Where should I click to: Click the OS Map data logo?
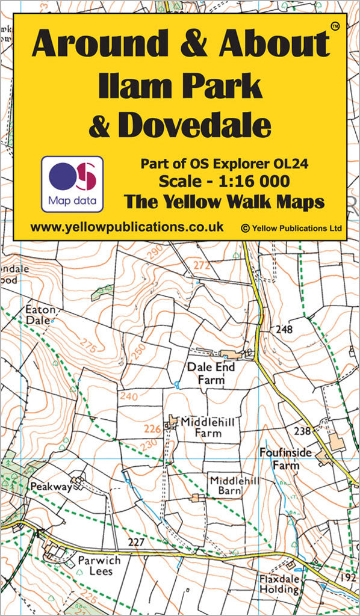click(72, 183)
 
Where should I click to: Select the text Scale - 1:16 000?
click(223, 181)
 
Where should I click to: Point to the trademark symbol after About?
click(335, 25)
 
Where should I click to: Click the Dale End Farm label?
click(210, 372)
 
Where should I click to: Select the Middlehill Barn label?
click(226, 485)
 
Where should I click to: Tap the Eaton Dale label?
click(40, 315)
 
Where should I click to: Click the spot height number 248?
click(284, 329)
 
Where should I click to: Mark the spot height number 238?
click(302, 430)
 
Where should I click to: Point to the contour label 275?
click(88, 348)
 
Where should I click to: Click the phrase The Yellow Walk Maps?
click(224, 202)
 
